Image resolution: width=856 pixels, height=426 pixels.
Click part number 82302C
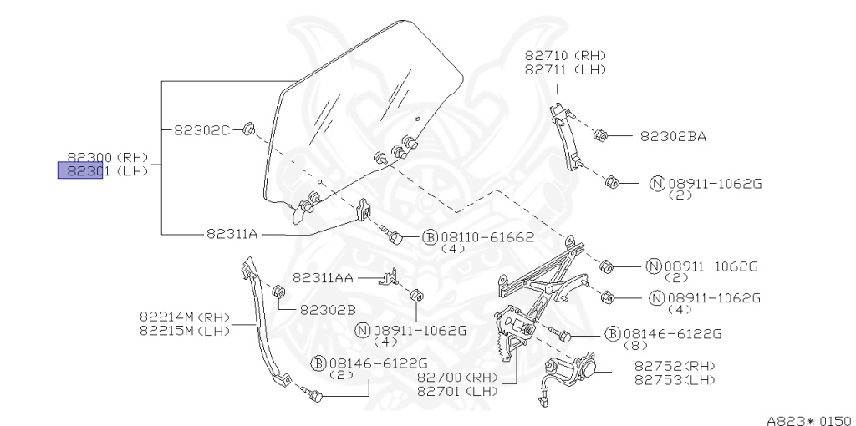tap(201, 129)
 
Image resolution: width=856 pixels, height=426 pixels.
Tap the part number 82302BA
tap(673, 135)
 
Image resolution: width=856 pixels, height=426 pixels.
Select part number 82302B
tap(328, 309)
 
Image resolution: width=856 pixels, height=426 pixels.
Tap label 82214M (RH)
tap(185, 317)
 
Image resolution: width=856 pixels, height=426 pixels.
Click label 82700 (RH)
tap(457, 378)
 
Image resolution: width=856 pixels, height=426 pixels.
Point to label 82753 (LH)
tap(675, 379)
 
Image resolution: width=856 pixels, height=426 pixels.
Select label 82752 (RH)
tap(675, 366)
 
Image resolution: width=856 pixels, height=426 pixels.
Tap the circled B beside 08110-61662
tap(430, 237)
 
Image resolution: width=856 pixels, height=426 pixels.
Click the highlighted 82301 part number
tap(80, 171)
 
